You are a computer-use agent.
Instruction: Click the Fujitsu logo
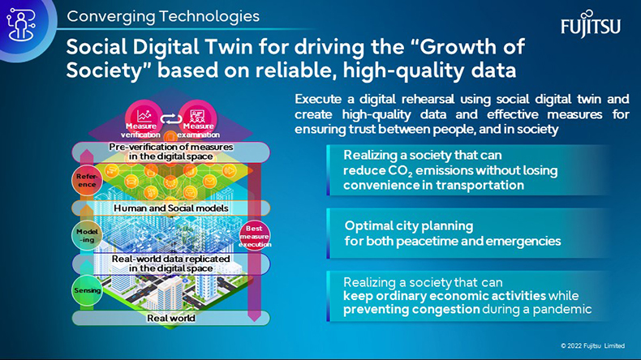click(x=591, y=24)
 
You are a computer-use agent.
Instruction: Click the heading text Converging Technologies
click(x=163, y=16)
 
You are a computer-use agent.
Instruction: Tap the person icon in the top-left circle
click(x=21, y=25)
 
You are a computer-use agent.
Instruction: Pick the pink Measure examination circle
click(x=198, y=119)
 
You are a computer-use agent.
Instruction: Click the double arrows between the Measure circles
click(x=171, y=119)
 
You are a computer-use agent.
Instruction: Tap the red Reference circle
click(x=87, y=180)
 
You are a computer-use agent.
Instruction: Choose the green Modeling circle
click(x=87, y=235)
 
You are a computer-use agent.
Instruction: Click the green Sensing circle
click(x=87, y=290)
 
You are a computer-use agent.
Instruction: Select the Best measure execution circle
click(x=254, y=236)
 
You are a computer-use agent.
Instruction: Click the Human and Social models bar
click(x=171, y=208)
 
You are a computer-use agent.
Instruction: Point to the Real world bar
click(x=171, y=318)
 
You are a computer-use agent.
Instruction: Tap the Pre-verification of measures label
click(x=171, y=152)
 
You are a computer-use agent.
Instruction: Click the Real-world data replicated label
click(x=171, y=264)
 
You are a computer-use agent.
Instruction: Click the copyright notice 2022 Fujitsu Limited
click(x=593, y=345)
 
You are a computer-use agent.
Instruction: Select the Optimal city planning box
click(x=469, y=234)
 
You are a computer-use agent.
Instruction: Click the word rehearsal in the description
click(x=428, y=99)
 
